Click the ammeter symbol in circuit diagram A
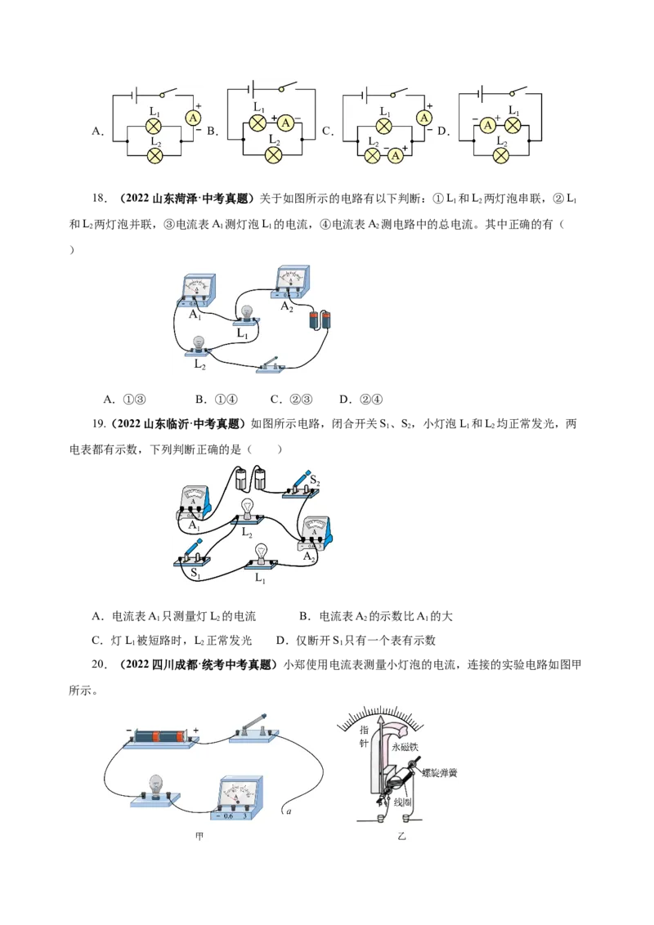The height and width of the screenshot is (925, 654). [x=193, y=118]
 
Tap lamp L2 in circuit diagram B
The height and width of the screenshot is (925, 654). [x=273, y=155]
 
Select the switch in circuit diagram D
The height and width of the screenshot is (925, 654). [x=518, y=91]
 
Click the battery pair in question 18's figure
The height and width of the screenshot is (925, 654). [x=320, y=320]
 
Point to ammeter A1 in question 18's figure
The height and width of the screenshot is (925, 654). [x=196, y=290]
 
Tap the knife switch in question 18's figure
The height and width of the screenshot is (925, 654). [x=271, y=365]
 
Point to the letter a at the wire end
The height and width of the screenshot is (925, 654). [x=289, y=811]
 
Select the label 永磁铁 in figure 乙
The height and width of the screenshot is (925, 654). [x=405, y=747]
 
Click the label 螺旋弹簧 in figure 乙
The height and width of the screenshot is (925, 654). [x=440, y=772]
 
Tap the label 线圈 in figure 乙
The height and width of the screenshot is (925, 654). [x=402, y=801]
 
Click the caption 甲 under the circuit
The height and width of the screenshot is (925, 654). [x=199, y=837]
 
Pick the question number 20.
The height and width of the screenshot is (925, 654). [x=99, y=665]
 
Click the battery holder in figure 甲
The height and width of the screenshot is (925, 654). [x=160, y=737]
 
